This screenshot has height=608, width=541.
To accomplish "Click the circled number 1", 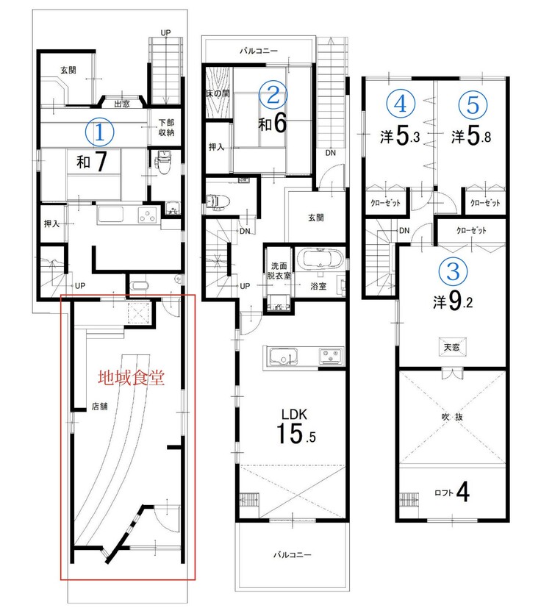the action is (x=100, y=132).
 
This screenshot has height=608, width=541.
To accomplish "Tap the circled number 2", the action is (x=273, y=95).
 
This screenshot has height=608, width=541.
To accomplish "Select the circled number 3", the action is (x=453, y=271).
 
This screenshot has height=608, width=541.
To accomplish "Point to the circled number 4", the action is (x=401, y=104).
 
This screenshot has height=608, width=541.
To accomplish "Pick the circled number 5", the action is (x=473, y=104).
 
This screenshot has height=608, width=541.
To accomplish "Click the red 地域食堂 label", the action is (x=131, y=378).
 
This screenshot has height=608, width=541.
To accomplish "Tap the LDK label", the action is (x=294, y=414).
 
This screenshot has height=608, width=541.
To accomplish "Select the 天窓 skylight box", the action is (x=452, y=347).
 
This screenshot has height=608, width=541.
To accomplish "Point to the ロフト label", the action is (x=444, y=493).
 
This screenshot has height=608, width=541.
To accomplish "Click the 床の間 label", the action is (x=218, y=94).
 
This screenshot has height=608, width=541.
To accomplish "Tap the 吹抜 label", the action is (x=452, y=418).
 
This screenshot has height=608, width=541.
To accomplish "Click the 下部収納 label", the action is (x=166, y=128).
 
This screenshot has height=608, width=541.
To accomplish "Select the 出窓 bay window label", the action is (x=122, y=104).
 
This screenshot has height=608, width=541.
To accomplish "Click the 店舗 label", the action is (x=99, y=407).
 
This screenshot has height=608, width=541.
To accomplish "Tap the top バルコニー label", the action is (x=259, y=51).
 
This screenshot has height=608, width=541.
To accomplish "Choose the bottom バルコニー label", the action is (x=292, y=555).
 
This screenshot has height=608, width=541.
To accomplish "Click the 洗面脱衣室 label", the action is (x=279, y=271).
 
